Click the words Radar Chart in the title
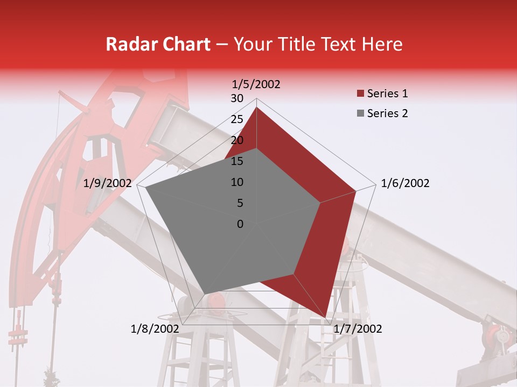point(158,45)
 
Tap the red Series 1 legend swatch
point(360,94)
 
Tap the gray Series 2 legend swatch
point(360,114)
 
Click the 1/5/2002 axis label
point(256,84)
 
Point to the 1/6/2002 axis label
point(405,183)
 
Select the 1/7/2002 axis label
point(358,329)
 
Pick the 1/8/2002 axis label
point(155,329)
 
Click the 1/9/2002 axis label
point(108,183)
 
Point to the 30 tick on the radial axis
point(237,98)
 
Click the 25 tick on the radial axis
point(237,119)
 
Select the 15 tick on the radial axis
point(237,161)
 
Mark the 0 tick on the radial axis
point(240,224)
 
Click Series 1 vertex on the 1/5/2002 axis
point(256,107)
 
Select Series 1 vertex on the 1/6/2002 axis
point(356,191)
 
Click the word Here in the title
point(382,45)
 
